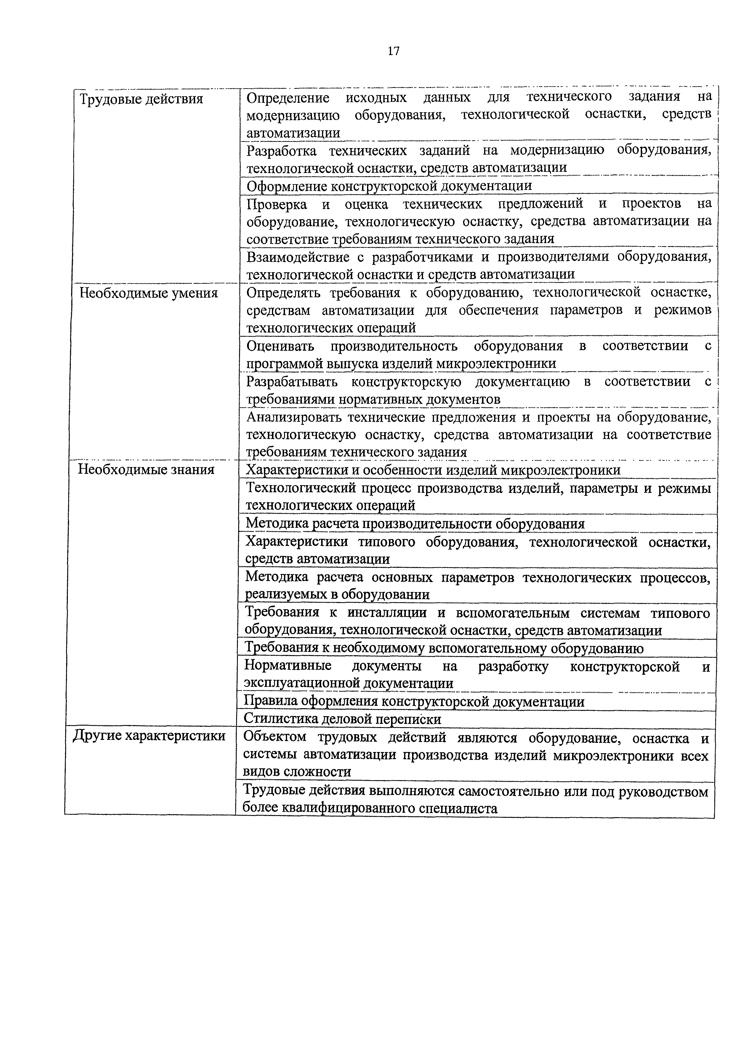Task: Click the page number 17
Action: coord(393,51)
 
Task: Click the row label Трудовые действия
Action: coord(141,99)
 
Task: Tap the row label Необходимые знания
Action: coord(146,470)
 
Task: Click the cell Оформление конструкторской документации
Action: coord(389,186)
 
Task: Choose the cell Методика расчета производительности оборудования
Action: coord(414,524)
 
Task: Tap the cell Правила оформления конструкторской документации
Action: coord(414,702)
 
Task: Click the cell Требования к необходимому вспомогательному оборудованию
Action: coord(443,648)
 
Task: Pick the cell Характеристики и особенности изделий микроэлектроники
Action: coord(433,470)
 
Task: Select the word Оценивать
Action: coord(280,346)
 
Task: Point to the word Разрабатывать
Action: coord(292,382)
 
